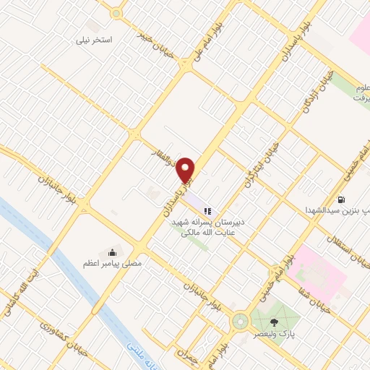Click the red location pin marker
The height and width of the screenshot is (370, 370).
point(187,171)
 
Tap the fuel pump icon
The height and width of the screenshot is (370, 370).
point(340,199)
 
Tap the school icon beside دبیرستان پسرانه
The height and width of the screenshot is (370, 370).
point(207,211)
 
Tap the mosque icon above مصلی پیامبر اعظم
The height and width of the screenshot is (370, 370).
point(113,252)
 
